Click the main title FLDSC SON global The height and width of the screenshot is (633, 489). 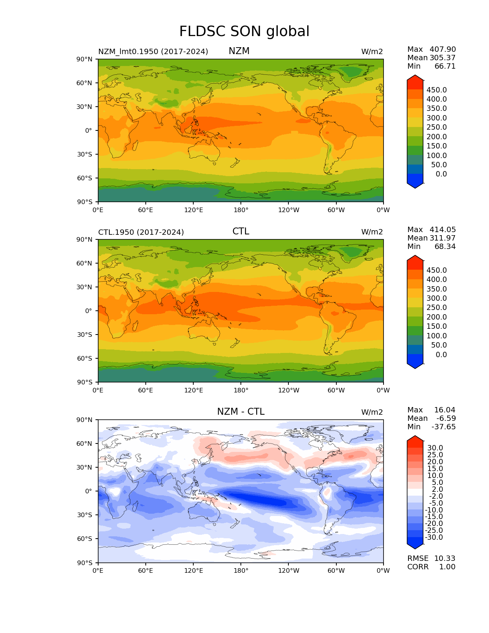[x=244, y=31]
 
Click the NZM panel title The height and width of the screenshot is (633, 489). [x=239, y=51]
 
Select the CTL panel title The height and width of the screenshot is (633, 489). [x=240, y=231]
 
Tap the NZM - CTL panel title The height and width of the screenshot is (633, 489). [x=240, y=412]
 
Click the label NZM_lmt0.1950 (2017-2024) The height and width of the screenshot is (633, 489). [x=153, y=51]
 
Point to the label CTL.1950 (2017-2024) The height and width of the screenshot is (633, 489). [x=141, y=232]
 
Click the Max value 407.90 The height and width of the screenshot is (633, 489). [x=443, y=49]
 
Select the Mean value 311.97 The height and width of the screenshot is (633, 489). [x=443, y=238]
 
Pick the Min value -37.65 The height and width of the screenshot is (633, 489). [x=444, y=427]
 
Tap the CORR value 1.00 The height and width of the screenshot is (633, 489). [x=447, y=567]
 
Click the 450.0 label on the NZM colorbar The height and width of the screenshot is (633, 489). [x=436, y=90]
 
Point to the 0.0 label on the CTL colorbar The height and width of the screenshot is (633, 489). [x=441, y=355]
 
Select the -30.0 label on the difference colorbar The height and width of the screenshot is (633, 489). [x=434, y=537]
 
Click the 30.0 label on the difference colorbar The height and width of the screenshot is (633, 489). [x=435, y=448]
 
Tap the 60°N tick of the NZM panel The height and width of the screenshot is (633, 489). [x=85, y=83]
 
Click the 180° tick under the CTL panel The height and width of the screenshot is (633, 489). [x=241, y=391]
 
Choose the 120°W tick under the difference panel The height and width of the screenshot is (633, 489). [x=289, y=571]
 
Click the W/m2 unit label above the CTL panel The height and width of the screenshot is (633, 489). [x=372, y=232]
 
